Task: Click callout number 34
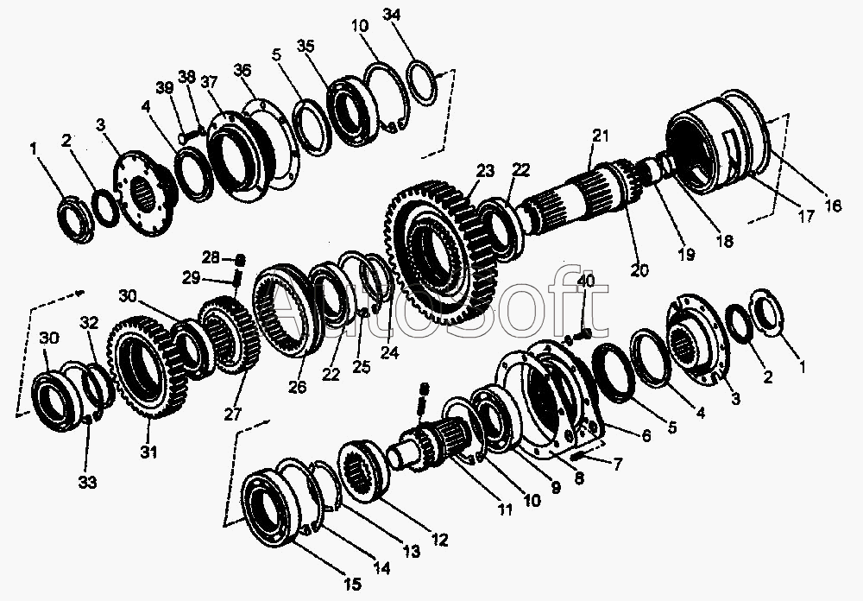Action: pos(391,16)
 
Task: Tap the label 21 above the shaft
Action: pos(601,135)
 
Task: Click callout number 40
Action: pos(587,281)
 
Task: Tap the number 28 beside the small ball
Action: pos(211,257)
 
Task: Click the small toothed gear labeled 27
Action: pos(229,332)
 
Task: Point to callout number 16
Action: pos(834,206)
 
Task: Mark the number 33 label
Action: pos(87,483)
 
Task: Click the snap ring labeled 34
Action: pos(423,83)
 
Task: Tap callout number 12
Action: pos(440,540)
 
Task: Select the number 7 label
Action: pos(618,465)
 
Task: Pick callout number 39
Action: pos(165,88)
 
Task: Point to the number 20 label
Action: pos(639,270)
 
